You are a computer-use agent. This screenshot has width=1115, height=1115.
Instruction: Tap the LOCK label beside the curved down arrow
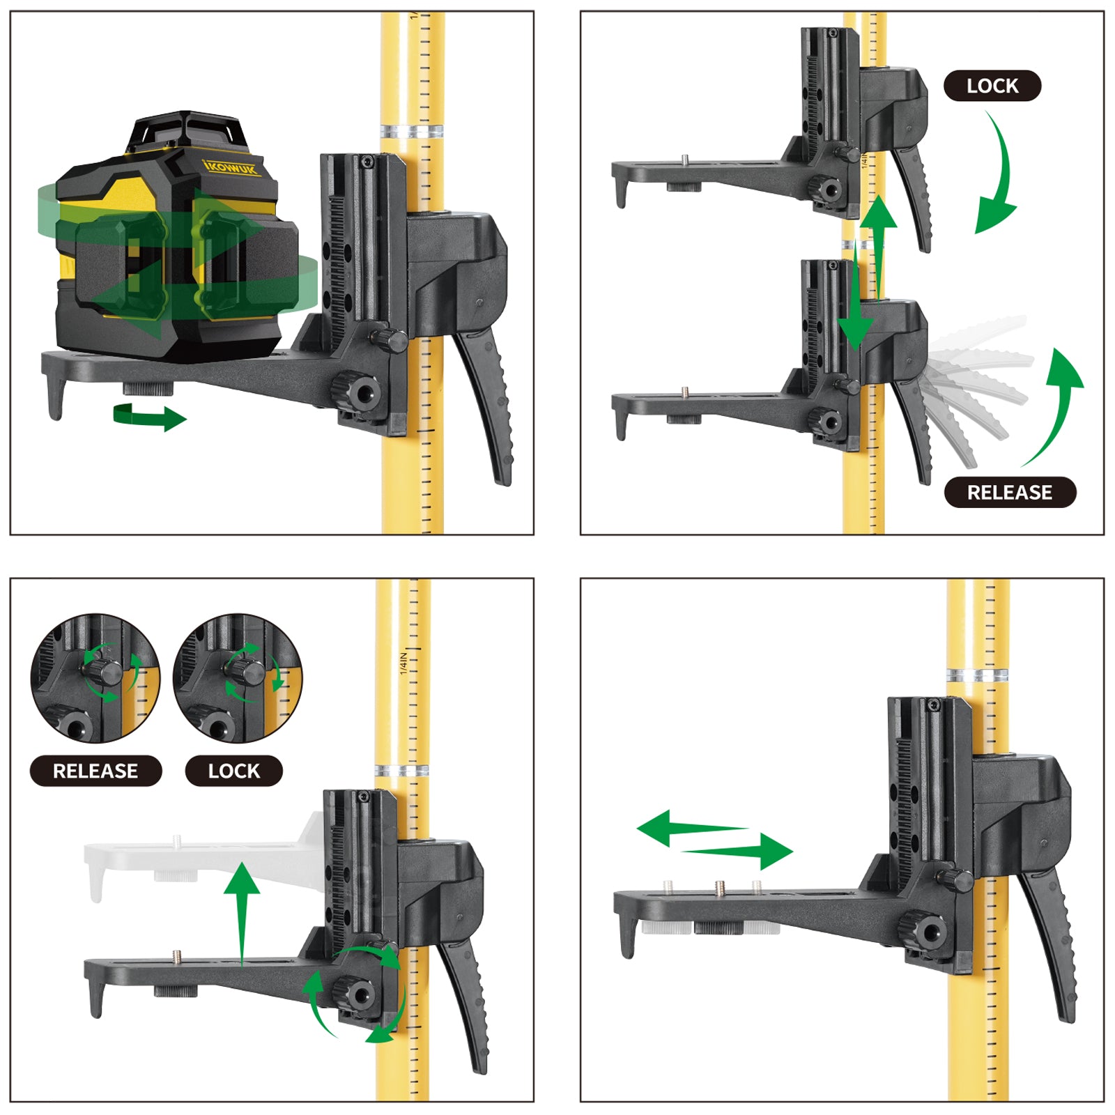[992, 86]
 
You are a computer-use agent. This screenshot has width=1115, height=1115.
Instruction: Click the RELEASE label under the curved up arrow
[1010, 492]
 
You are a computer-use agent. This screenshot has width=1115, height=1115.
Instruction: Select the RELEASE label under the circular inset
[95, 771]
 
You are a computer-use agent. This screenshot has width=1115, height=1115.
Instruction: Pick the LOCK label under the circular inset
[233, 771]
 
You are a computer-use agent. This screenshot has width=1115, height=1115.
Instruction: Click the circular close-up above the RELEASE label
[95, 678]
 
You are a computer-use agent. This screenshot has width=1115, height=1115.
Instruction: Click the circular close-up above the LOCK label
[238, 678]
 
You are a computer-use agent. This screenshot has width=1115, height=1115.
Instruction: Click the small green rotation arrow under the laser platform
[150, 417]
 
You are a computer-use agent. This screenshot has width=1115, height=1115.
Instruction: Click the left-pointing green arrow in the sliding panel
[690, 828]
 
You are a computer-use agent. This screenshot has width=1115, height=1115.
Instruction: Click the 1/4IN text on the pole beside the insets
[403, 663]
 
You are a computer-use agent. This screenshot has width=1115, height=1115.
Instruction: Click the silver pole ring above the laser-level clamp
[412, 132]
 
